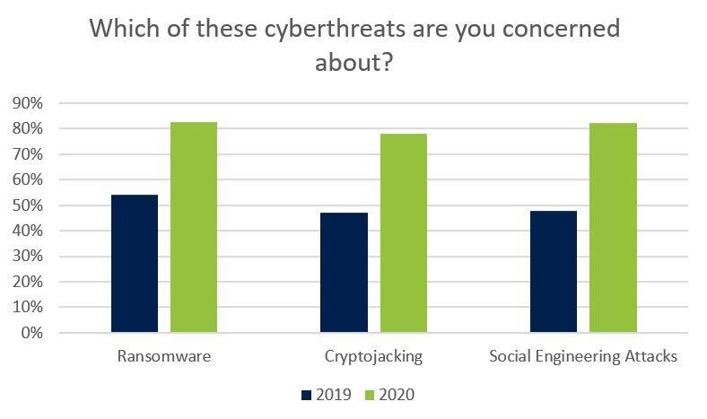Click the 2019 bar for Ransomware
pos(135,264)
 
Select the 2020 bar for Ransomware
pos(194,227)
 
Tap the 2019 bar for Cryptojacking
pos(344,273)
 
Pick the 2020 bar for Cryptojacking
pos(403,233)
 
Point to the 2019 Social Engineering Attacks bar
pos(554,272)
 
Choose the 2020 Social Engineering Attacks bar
pos(613,228)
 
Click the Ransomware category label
pos(164,356)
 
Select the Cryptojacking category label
pos(373,356)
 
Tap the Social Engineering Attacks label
pos(583,356)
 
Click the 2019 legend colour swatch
pos(306,394)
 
